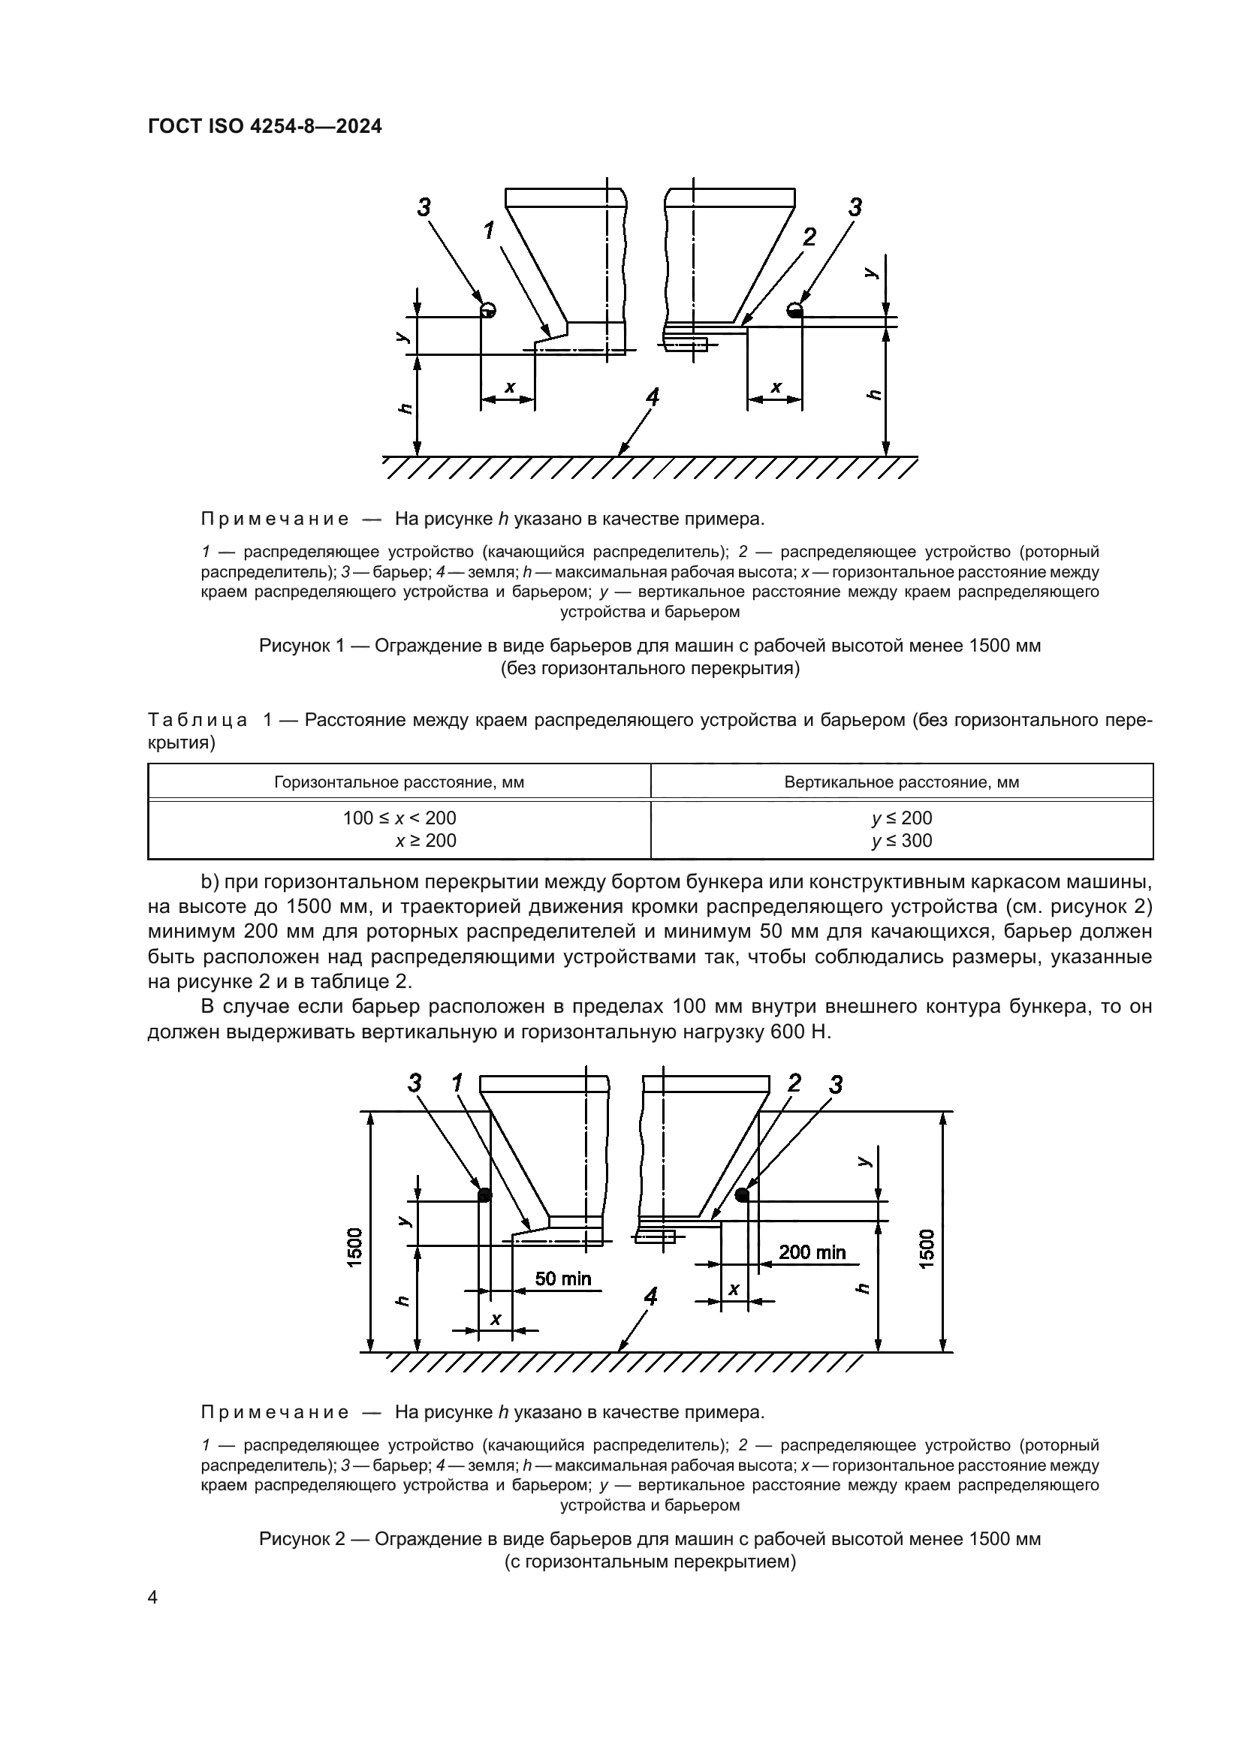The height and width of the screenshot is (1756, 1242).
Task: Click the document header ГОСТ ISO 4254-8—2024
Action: pyautogui.click(x=264, y=127)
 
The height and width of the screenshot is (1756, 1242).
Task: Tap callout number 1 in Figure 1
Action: pyautogui.click(x=489, y=230)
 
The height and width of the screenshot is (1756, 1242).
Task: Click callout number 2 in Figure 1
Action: pyautogui.click(x=808, y=237)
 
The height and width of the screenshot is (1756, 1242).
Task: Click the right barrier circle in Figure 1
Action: pyautogui.click(x=794, y=309)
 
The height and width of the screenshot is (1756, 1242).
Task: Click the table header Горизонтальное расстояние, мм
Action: pyautogui.click(x=399, y=782)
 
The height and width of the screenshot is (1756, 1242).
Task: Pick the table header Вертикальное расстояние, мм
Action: pyautogui.click(x=902, y=782)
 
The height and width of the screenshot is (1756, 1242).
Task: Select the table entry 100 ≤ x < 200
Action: pyautogui.click(x=399, y=818)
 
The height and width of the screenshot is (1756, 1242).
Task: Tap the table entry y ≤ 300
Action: pyautogui.click(x=902, y=841)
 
